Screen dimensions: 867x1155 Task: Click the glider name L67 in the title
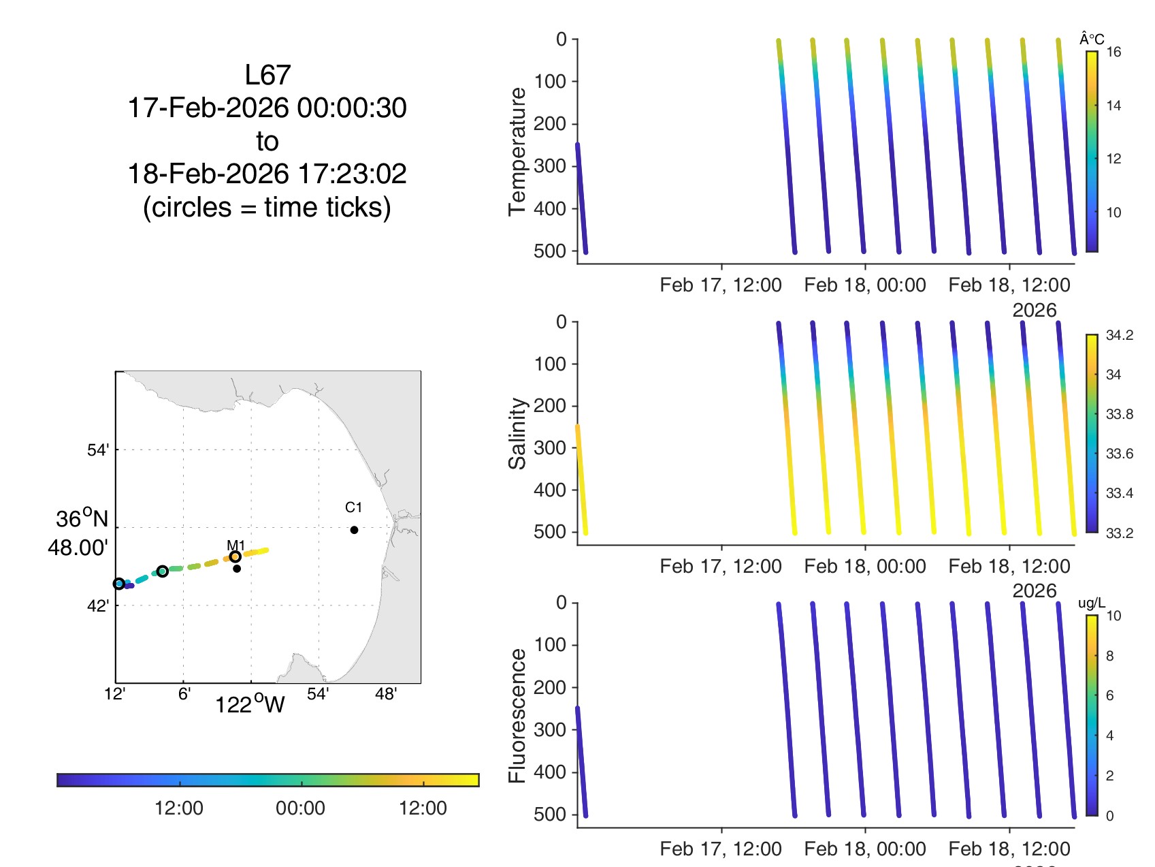coord(267,75)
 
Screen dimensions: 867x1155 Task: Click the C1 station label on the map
coord(353,507)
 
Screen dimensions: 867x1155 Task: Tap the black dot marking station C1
coord(354,530)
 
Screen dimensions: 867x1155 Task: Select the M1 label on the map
coord(235,545)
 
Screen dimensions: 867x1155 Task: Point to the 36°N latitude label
coord(82,519)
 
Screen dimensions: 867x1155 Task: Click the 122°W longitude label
coord(250,704)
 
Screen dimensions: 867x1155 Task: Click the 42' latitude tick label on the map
coord(97,606)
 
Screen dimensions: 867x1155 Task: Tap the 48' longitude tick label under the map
coord(386,694)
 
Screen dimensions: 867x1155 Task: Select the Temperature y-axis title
coord(517,151)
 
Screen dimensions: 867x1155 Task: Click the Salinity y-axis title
coord(517,433)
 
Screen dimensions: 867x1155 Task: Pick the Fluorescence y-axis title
coord(517,715)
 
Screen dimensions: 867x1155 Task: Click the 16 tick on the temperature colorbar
coord(1113,52)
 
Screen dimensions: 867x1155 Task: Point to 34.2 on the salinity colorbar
coord(1119,335)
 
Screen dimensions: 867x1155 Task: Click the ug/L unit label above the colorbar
coord(1092,603)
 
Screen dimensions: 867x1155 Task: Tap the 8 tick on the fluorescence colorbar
coord(1109,656)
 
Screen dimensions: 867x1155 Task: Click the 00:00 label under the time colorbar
coord(300,808)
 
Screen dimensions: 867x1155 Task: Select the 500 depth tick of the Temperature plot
coord(550,251)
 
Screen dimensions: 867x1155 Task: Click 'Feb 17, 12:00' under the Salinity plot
coord(720,566)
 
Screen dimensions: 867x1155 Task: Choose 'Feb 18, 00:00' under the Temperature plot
coord(864,285)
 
